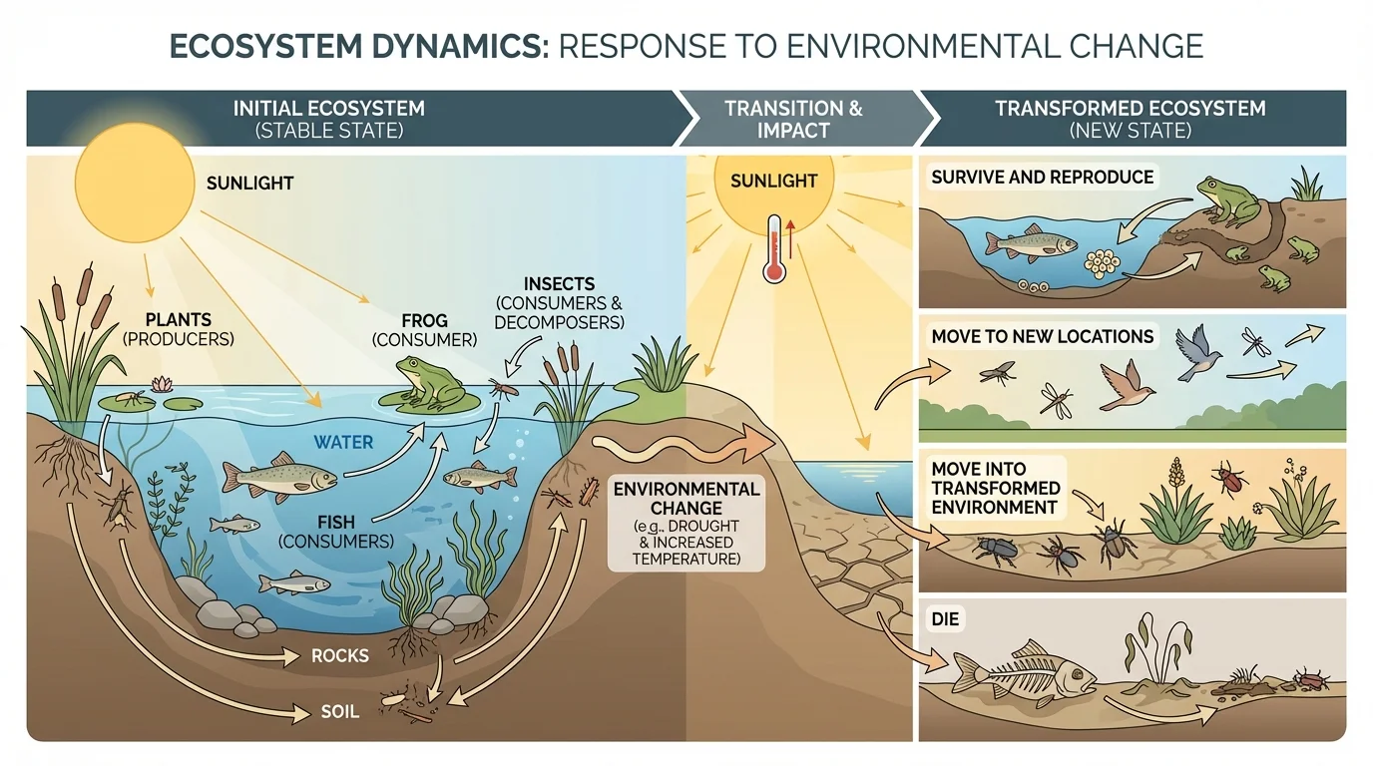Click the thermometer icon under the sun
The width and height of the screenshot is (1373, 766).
pos(773,250)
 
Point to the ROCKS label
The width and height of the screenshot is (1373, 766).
pos(339,656)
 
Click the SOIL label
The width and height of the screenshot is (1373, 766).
pos(339,712)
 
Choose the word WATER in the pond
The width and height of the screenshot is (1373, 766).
pos(343,442)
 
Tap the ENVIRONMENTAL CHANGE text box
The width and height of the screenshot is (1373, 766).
pos(686,523)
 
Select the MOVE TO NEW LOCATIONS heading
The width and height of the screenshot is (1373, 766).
pos(1042,337)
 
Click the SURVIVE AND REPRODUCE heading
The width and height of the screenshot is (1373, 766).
pos(1042,178)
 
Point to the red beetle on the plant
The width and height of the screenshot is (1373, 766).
pos(1229,480)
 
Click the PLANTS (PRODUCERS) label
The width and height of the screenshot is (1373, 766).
pos(178,330)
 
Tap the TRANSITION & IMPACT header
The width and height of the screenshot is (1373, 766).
pos(793,119)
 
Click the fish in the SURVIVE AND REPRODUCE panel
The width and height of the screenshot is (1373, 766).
pos(1030,244)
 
